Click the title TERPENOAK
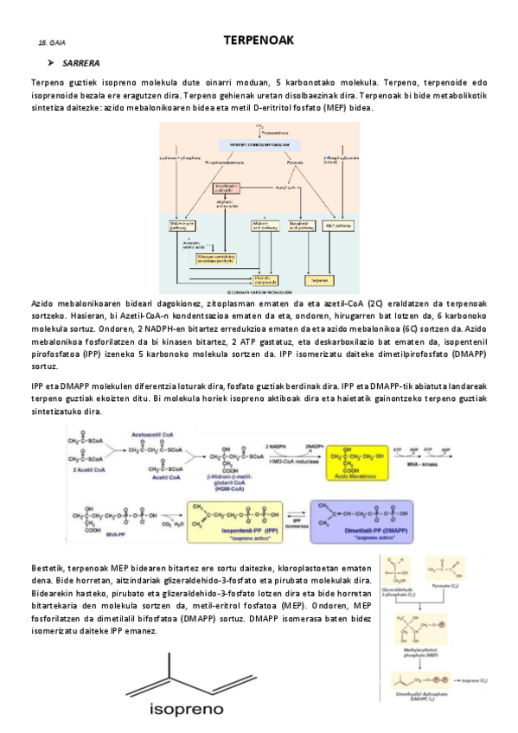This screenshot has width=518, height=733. click(259, 40)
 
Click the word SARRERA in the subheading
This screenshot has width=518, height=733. click(81, 63)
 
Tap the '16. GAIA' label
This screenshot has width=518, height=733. click(52, 42)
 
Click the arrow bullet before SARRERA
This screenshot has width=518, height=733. click(51, 63)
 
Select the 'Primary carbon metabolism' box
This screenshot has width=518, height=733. click(259, 143)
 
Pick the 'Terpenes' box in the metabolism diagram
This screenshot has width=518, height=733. click(321, 281)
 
